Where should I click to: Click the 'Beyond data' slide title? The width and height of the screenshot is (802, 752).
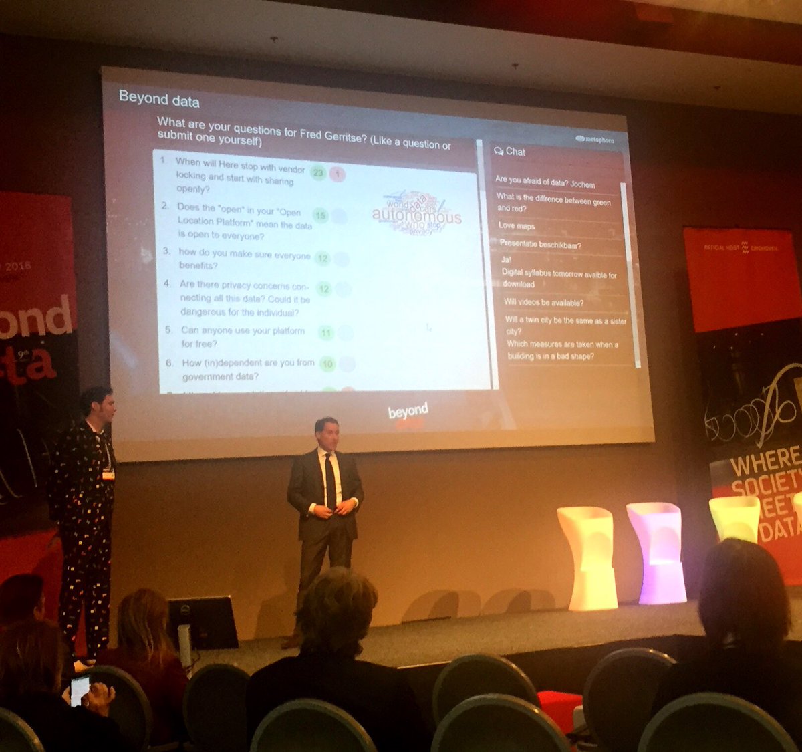(159, 99)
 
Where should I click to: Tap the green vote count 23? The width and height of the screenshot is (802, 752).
(318, 173)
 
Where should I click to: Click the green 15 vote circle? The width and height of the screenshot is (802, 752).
(321, 215)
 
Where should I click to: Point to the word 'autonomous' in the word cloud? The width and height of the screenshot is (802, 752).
(416, 217)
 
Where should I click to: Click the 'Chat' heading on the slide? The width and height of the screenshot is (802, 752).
(510, 152)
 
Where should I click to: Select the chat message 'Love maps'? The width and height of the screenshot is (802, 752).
(517, 226)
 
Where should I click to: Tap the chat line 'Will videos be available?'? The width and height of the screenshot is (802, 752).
(543, 303)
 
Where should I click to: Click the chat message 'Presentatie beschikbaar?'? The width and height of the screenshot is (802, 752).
(540, 245)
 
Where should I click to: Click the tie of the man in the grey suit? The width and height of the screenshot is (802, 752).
(330, 482)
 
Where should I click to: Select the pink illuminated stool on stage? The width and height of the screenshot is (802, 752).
(656, 552)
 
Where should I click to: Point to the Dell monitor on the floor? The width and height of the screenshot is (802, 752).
(202, 622)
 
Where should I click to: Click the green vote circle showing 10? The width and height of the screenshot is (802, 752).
(327, 364)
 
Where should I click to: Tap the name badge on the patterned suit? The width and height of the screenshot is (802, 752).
(108, 475)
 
